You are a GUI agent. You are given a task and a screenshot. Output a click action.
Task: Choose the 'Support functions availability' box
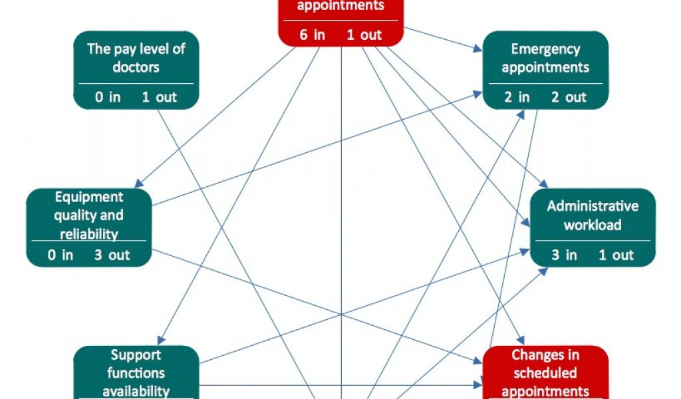click(x=136, y=372)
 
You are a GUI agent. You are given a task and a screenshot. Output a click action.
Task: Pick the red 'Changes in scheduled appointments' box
click(x=545, y=372)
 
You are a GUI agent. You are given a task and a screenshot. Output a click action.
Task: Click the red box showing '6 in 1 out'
click(x=340, y=23)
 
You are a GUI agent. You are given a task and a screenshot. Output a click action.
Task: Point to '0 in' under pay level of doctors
click(x=108, y=97)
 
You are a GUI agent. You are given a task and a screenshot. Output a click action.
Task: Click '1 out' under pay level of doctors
click(x=159, y=97)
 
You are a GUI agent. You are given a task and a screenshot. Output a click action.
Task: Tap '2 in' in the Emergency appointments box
click(x=517, y=97)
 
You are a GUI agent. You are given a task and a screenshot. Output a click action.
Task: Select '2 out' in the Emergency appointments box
click(x=569, y=97)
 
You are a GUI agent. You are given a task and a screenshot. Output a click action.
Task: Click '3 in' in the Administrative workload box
click(x=564, y=255)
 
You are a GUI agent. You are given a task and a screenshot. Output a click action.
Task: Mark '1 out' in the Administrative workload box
click(x=616, y=255)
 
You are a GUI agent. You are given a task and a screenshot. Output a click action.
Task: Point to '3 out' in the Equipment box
click(x=112, y=255)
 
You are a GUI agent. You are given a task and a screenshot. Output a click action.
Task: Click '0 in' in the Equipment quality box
click(x=61, y=255)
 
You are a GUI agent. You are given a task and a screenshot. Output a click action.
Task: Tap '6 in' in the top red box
click(x=312, y=35)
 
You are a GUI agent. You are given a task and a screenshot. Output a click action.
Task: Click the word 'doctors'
click(x=136, y=67)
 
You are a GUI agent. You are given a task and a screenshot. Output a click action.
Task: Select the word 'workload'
click(x=593, y=225)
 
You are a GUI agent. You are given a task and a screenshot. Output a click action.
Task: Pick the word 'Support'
click(x=136, y=354)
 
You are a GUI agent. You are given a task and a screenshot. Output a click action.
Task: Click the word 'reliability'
click(x=88, y=234)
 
